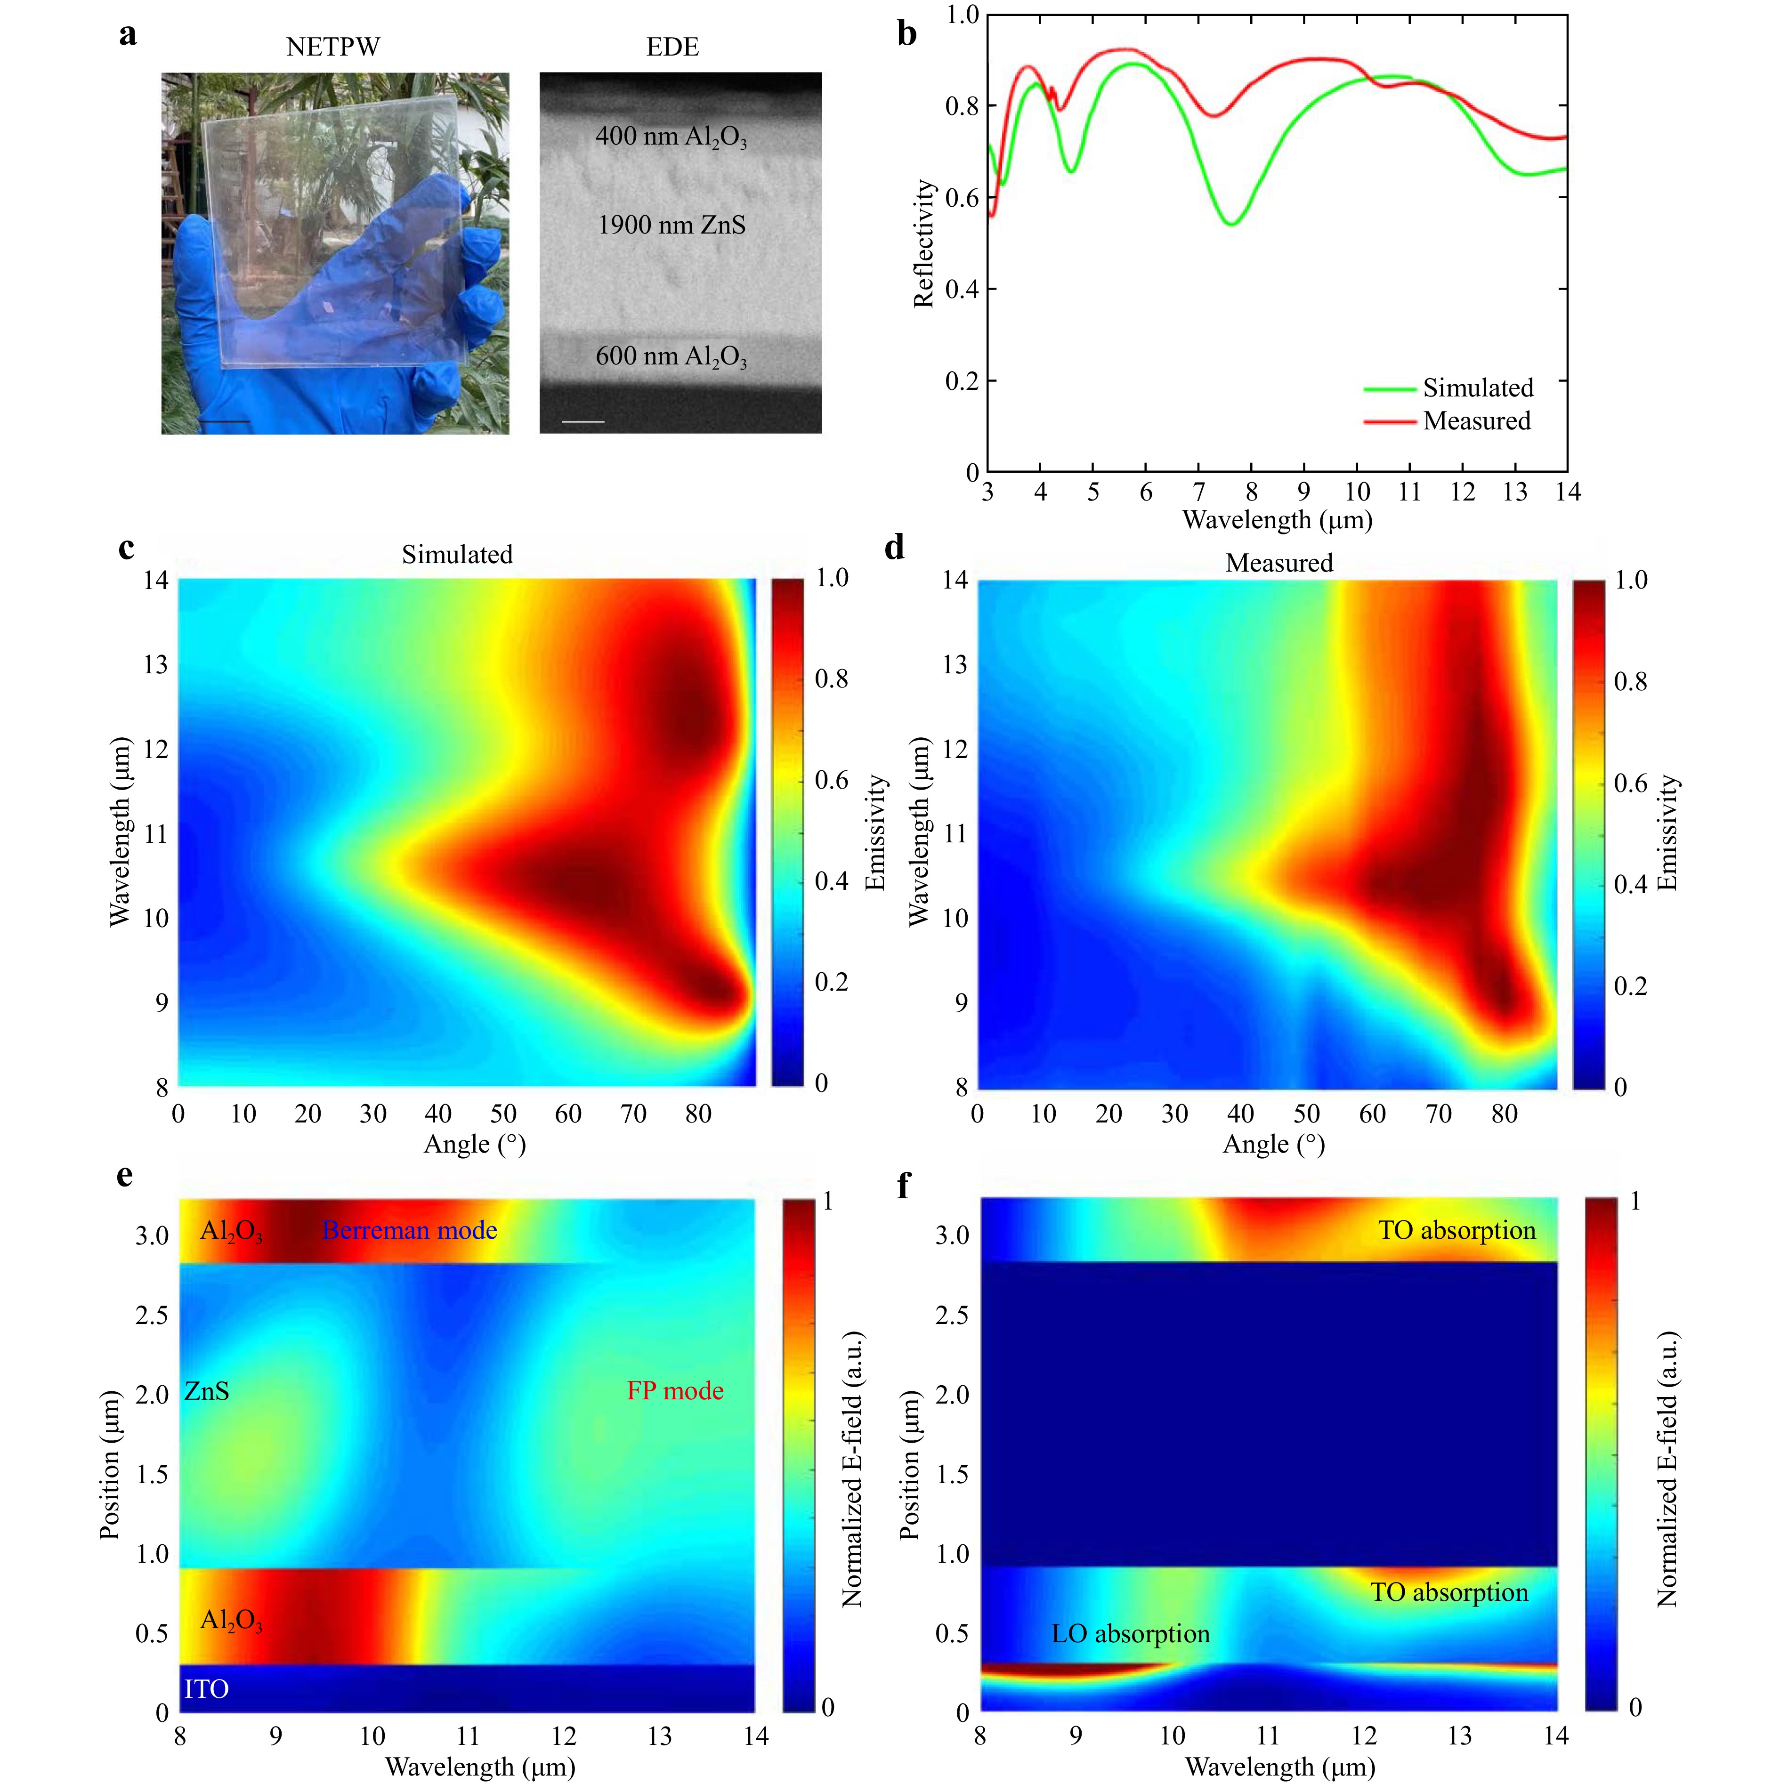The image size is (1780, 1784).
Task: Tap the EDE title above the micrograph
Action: pos(672,47)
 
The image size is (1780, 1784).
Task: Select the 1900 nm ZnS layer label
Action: pos(672,225)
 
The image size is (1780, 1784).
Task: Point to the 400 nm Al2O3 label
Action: pos(671,137)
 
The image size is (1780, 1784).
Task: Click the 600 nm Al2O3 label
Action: pos(671,356)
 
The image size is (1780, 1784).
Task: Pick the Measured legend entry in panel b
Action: pos(1476,421)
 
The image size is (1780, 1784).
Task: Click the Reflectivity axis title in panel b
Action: pos(924,243)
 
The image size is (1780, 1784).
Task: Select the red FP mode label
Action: pos(675,1391)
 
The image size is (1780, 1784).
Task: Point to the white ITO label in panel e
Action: pos(206,1689)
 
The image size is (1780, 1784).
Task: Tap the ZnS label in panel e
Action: pos(207,1391)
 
